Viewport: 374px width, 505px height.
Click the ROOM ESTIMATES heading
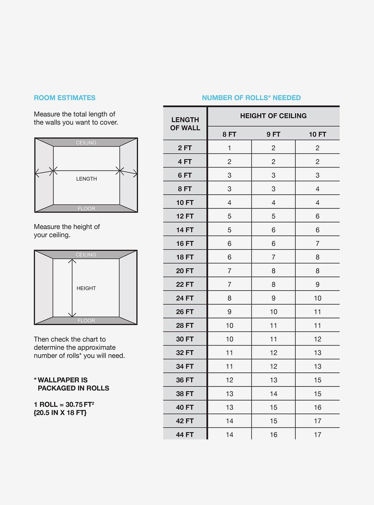[65, 98]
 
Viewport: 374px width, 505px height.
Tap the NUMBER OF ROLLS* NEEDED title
[251, 98]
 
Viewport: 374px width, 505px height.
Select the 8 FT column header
[229, 134]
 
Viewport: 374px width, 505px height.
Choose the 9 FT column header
[273, 134]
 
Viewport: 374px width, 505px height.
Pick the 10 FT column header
[317, 134]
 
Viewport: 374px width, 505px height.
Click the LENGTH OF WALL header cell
[185, 124]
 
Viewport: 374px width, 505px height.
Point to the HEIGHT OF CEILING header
[273, 116]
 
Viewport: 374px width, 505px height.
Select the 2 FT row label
[185, 148]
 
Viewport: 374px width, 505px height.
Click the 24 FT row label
[185, 298]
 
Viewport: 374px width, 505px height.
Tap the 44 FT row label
[185, 435]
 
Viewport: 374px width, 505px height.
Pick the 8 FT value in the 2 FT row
[229, 148]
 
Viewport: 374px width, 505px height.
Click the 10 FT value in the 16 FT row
[317, 243]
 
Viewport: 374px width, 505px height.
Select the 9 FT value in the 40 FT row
[273, 407]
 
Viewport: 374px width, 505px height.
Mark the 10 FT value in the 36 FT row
[317, 380]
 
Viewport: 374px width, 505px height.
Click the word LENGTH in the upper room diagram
[86, 179]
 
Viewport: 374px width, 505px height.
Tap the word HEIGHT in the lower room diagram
[86, 288]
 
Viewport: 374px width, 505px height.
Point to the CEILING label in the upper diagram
[86, 142]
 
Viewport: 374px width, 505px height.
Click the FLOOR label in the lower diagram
[86, 320]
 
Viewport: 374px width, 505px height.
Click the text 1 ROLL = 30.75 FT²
[64, 404]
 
